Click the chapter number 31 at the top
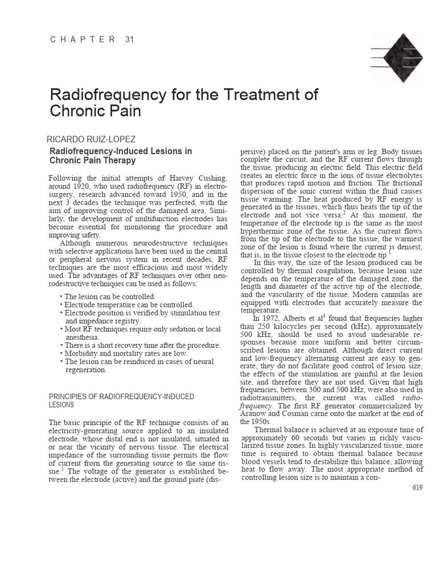pos(129,39)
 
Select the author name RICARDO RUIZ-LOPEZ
pos(94,139)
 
